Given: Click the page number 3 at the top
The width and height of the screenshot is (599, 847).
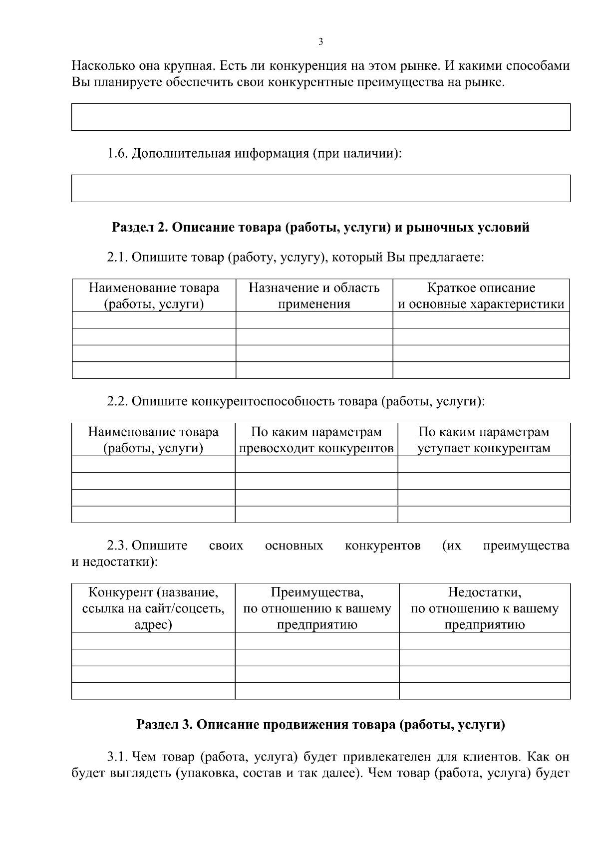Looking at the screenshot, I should (320, 42).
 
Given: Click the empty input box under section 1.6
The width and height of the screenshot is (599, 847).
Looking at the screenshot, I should (320, 188).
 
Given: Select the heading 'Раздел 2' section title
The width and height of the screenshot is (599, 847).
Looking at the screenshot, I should (320, 228).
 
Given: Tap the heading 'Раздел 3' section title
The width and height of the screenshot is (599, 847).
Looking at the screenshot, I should (320, 725).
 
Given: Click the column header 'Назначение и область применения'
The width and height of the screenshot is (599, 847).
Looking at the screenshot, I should (314, 296).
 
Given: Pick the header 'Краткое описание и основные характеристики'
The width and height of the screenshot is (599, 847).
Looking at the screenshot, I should (481, 296).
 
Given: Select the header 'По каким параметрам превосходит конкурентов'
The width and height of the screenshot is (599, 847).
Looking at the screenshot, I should (316, 440).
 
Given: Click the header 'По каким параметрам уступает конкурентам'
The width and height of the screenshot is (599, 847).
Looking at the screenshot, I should (484, 440).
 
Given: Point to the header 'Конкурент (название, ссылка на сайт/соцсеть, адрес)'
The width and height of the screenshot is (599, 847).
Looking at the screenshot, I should (153, 608).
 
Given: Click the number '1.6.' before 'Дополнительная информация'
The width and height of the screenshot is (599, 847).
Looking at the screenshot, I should (118, 153).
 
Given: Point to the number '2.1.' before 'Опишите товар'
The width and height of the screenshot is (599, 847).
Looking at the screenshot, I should (118, 258).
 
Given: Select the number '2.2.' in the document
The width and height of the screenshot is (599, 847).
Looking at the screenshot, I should (118, 402).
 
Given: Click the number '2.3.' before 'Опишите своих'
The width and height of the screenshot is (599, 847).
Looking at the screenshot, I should (118, 546).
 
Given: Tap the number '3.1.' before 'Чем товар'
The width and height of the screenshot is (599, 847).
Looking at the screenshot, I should (118, 757).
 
